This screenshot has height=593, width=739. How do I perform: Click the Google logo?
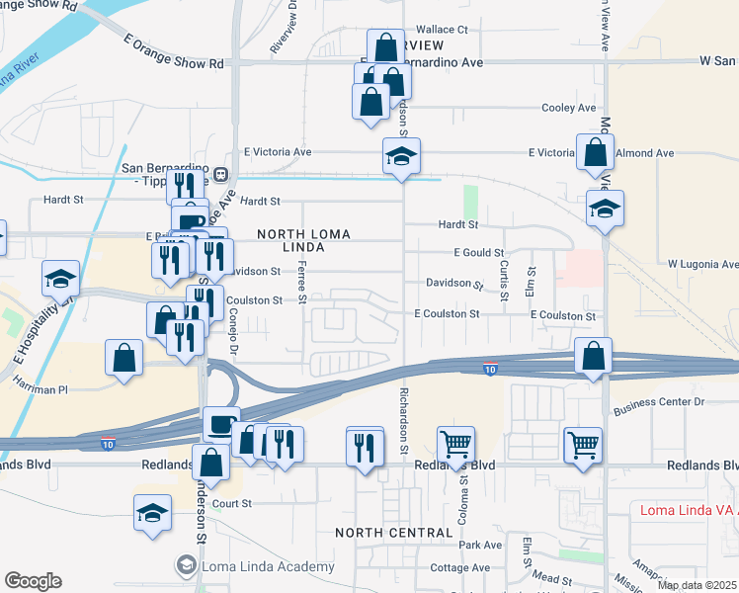pos(33,580)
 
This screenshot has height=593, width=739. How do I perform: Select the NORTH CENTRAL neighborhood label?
pos(393,533)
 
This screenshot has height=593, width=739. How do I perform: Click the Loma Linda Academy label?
pos(268,566)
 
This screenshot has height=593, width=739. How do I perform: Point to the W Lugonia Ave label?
pos(702,265)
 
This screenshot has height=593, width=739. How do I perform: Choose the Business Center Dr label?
pos(658,403)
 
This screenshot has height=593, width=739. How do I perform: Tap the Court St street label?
pos(234,503)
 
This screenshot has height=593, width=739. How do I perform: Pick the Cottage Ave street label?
pos(460,567)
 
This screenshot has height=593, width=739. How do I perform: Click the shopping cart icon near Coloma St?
pos(455,446)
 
